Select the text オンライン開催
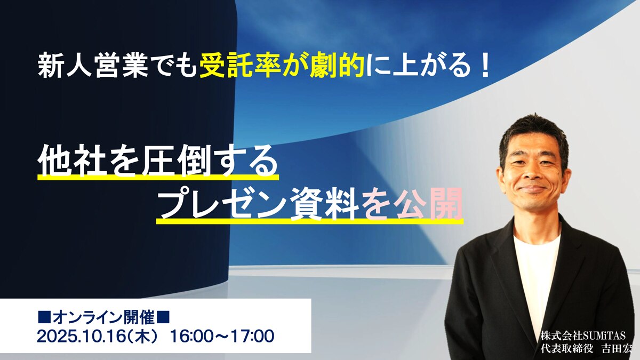(105, 319)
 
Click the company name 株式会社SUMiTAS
(579, 336)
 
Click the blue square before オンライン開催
(44, 319)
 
